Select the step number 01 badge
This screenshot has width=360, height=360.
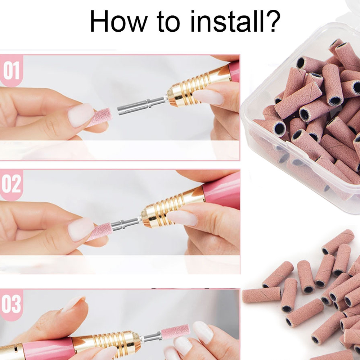[x=11, y=71]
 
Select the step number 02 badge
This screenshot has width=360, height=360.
[x=11, y=185]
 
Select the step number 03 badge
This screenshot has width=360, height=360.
[x=11, y=305]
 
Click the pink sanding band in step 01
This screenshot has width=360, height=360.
[x=100, y=118]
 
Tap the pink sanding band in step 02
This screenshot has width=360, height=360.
[x=100, y=231]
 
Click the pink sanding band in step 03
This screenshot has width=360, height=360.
[x=176, y=332]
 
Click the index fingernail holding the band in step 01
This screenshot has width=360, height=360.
[x=81, y=115]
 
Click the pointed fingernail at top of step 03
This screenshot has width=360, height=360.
[x=73, y=303]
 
